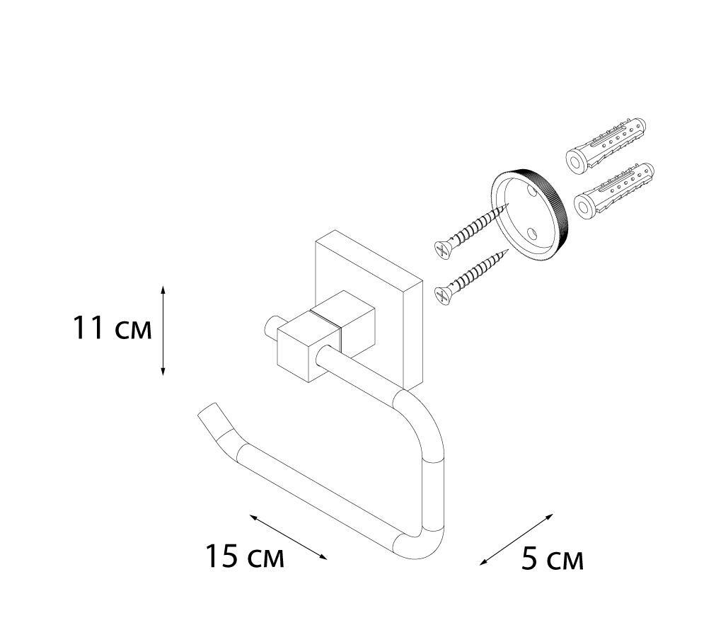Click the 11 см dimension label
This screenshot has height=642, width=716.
pyautogui.click(x=112, y=328)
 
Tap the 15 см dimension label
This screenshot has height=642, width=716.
pyautogui.click(x=245, y=556)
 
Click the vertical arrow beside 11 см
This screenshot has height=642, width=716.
pyautogui.click(x=163, y=331)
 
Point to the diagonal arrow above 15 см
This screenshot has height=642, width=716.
pyautogui.click(x=288, y=537)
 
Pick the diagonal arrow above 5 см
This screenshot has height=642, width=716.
pyautogui.click(x=516, y=539)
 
